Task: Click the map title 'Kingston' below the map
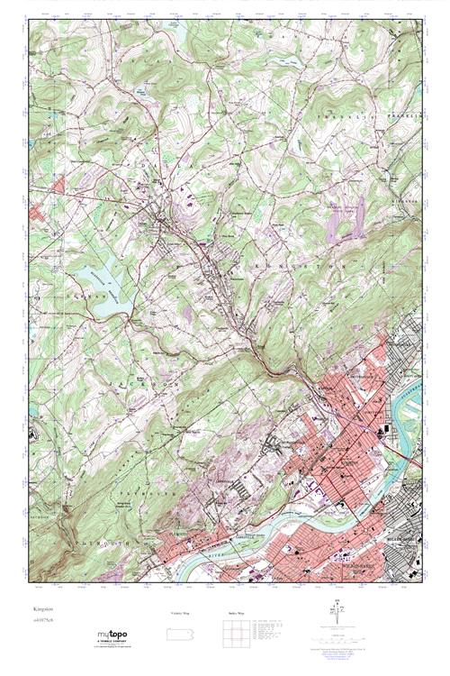point(40,610)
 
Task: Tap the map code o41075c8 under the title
point(42,619)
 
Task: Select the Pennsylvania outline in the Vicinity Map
point(181,626)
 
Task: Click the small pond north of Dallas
point(143,90)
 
